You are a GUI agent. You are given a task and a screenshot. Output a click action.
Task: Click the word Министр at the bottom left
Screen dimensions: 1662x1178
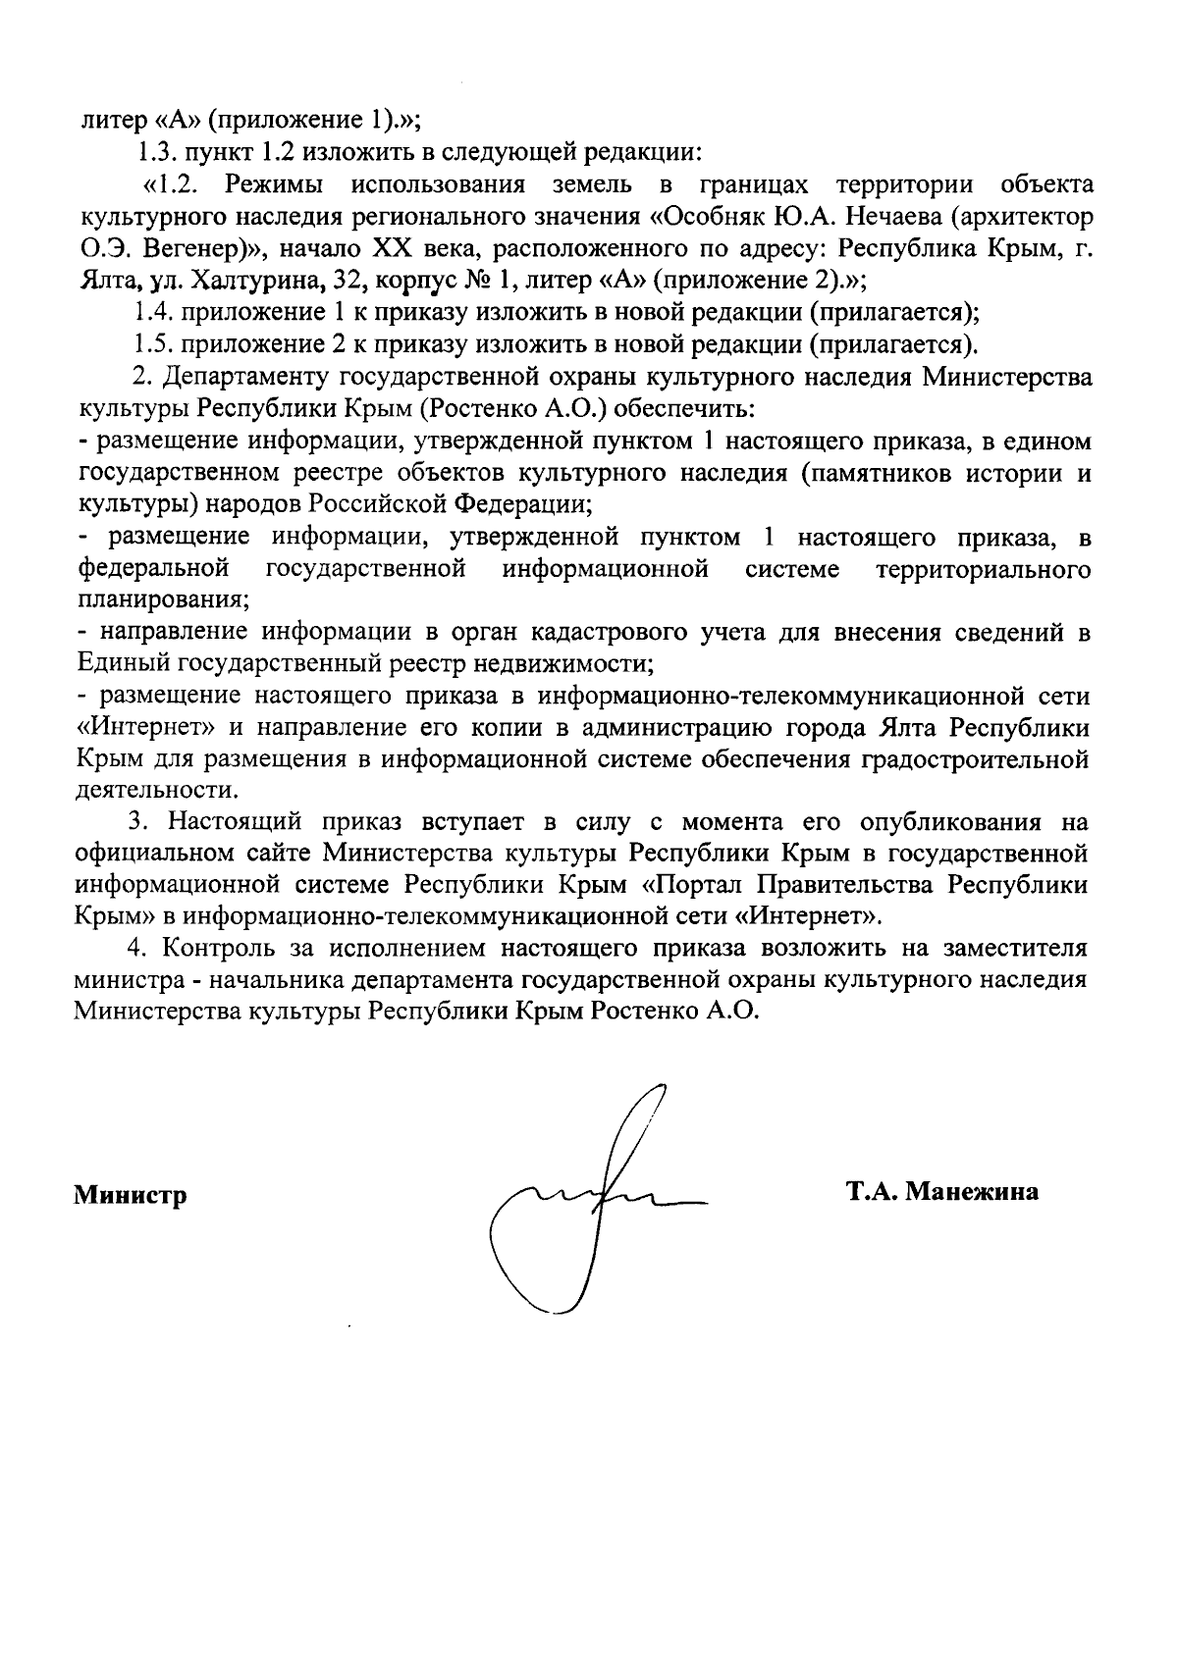pyautogui.click(x=131, y=1196)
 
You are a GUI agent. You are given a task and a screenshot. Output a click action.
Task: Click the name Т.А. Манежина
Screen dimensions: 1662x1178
pyautogui.click(x=943, y=1192)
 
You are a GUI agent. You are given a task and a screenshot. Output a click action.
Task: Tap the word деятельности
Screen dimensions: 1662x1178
pyautogui.click(x=156, y=790)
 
